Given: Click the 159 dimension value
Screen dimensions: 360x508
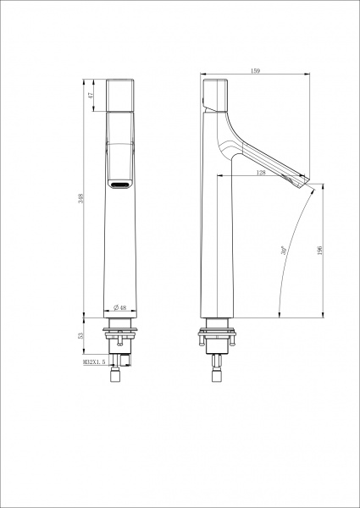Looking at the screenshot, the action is click(255, 70).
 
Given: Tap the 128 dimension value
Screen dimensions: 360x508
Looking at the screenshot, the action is click(261, 173).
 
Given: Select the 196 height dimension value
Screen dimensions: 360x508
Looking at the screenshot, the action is click(320, 251).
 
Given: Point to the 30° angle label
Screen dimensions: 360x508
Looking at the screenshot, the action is click(284, 251).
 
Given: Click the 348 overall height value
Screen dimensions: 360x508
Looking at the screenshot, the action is click(81, 198).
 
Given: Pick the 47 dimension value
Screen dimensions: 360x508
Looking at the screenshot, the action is click(91, 95).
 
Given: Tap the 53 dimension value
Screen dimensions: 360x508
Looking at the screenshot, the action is click(81, 335).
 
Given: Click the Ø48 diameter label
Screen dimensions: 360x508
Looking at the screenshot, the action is click(119, 307).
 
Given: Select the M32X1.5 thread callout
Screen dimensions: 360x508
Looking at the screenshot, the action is click(94, 362).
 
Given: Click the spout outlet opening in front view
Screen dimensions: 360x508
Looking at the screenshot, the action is click(120, 185).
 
